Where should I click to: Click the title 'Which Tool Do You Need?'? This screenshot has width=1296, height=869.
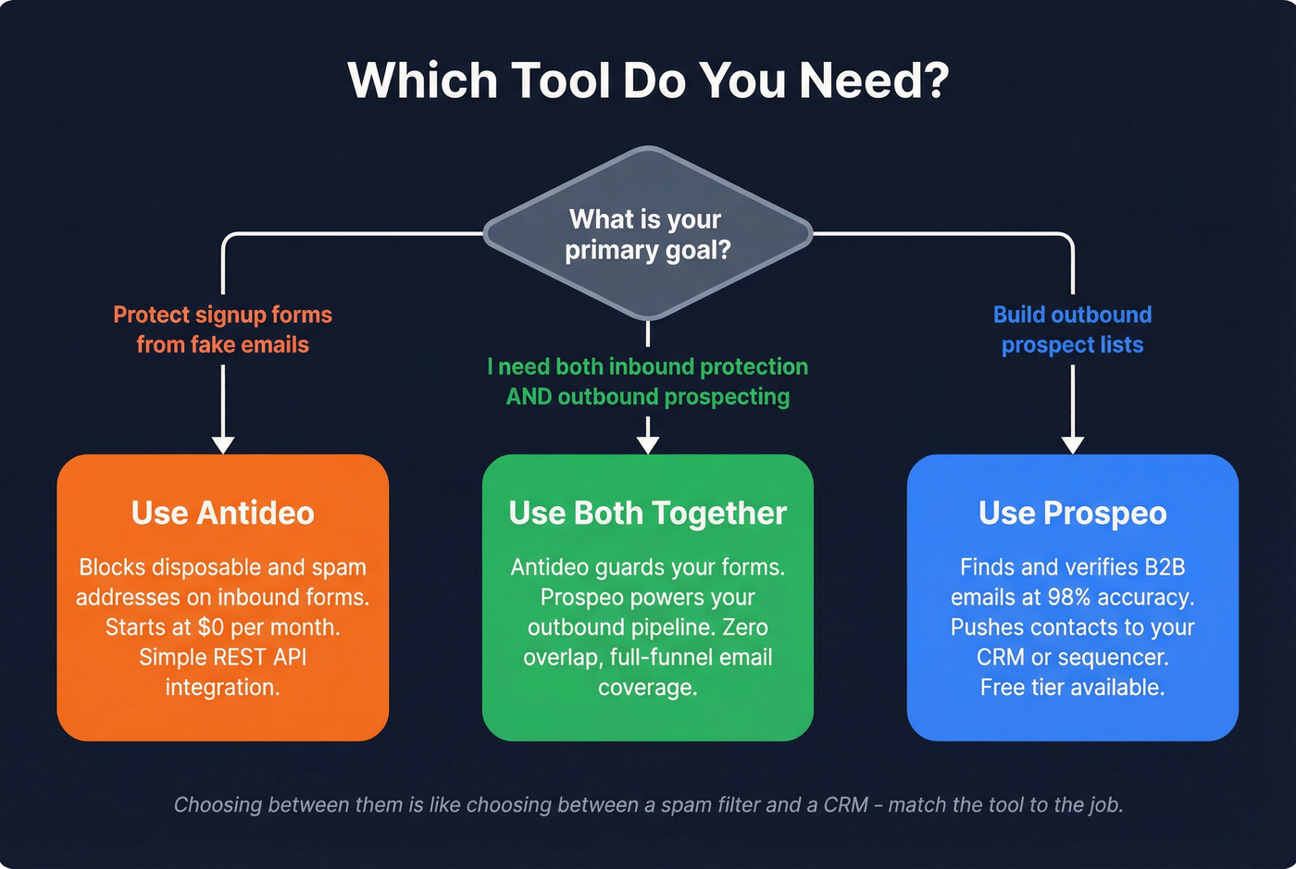click(648, 81)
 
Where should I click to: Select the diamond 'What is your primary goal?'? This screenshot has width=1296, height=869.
click(648, 234)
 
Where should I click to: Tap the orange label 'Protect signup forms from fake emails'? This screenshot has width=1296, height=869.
click(222, 329)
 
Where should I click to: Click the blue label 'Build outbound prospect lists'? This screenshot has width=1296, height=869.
click(1072, 329)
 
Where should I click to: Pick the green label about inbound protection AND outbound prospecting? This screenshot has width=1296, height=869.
click(648, 381)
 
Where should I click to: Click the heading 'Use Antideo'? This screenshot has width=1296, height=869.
click(222, 513)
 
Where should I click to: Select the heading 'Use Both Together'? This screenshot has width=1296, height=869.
click(648, 513)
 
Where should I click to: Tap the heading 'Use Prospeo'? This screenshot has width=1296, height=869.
click(1072, 513)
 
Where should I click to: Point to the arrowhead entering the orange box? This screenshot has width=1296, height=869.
click(223, 443)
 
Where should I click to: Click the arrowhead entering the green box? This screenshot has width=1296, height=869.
click(648, 443)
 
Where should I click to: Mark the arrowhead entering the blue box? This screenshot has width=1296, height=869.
click(1072, 443)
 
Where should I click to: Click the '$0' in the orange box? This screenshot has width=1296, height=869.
click(211, 627)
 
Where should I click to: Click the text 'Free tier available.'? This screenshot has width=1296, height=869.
click(1072, 688)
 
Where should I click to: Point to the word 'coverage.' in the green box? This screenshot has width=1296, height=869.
click(648, 688)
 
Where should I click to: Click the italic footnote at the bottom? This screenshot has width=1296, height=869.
click(648, 805)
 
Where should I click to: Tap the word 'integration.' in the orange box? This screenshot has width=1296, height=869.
click(222, 688)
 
